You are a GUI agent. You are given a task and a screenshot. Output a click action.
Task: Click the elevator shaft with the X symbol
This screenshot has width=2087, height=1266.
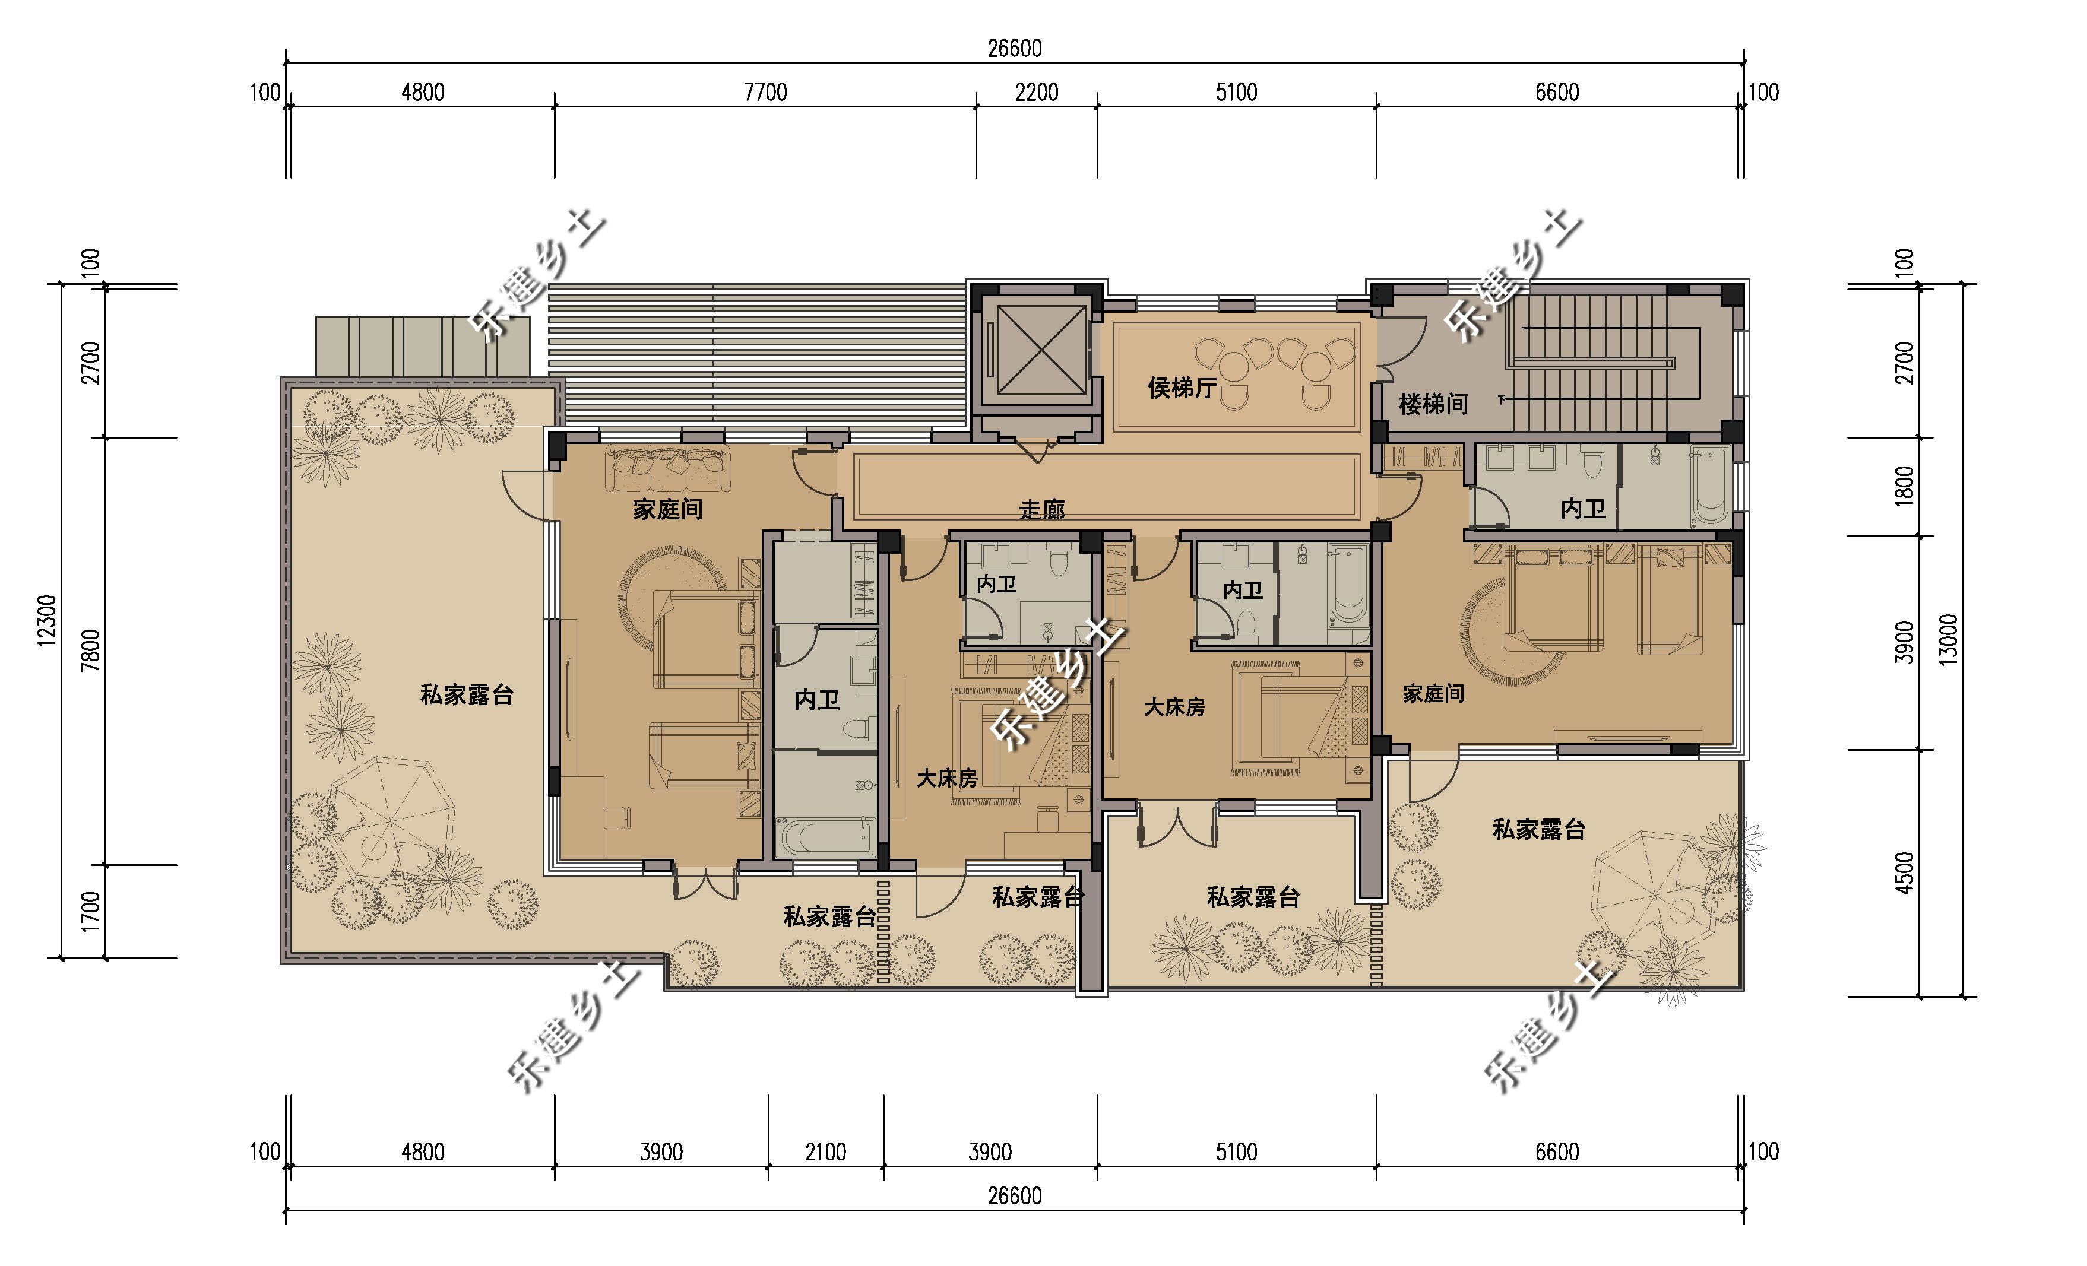(1041, 350)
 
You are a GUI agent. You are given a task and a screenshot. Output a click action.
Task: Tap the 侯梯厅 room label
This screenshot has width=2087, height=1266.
(1182, 388)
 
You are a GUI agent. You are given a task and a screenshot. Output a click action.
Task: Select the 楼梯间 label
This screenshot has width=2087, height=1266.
(1433, 404)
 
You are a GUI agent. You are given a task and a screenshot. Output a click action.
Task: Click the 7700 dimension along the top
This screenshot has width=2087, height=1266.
(765, 91)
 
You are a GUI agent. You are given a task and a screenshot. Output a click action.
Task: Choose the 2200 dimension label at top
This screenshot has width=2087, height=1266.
(1037, 91)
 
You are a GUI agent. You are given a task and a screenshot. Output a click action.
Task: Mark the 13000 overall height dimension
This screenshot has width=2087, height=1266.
(1949, 639)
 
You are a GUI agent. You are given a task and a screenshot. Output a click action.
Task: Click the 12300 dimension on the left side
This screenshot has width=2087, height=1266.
(47, 621)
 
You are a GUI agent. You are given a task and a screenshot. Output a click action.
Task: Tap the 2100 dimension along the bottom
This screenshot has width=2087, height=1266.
(826, 1151)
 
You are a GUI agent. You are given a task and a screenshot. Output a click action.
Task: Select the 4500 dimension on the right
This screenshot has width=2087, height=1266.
(1904, 873)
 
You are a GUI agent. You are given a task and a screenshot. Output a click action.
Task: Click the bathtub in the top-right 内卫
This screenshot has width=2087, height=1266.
(1710, 486)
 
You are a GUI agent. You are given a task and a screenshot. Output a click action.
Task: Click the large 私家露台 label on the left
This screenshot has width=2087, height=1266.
(467, 694)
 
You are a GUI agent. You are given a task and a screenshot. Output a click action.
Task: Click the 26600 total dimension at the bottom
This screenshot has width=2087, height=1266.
(1014, 1196)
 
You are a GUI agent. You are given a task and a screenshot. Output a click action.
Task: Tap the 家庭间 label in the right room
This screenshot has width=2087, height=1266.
(1433, 694)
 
